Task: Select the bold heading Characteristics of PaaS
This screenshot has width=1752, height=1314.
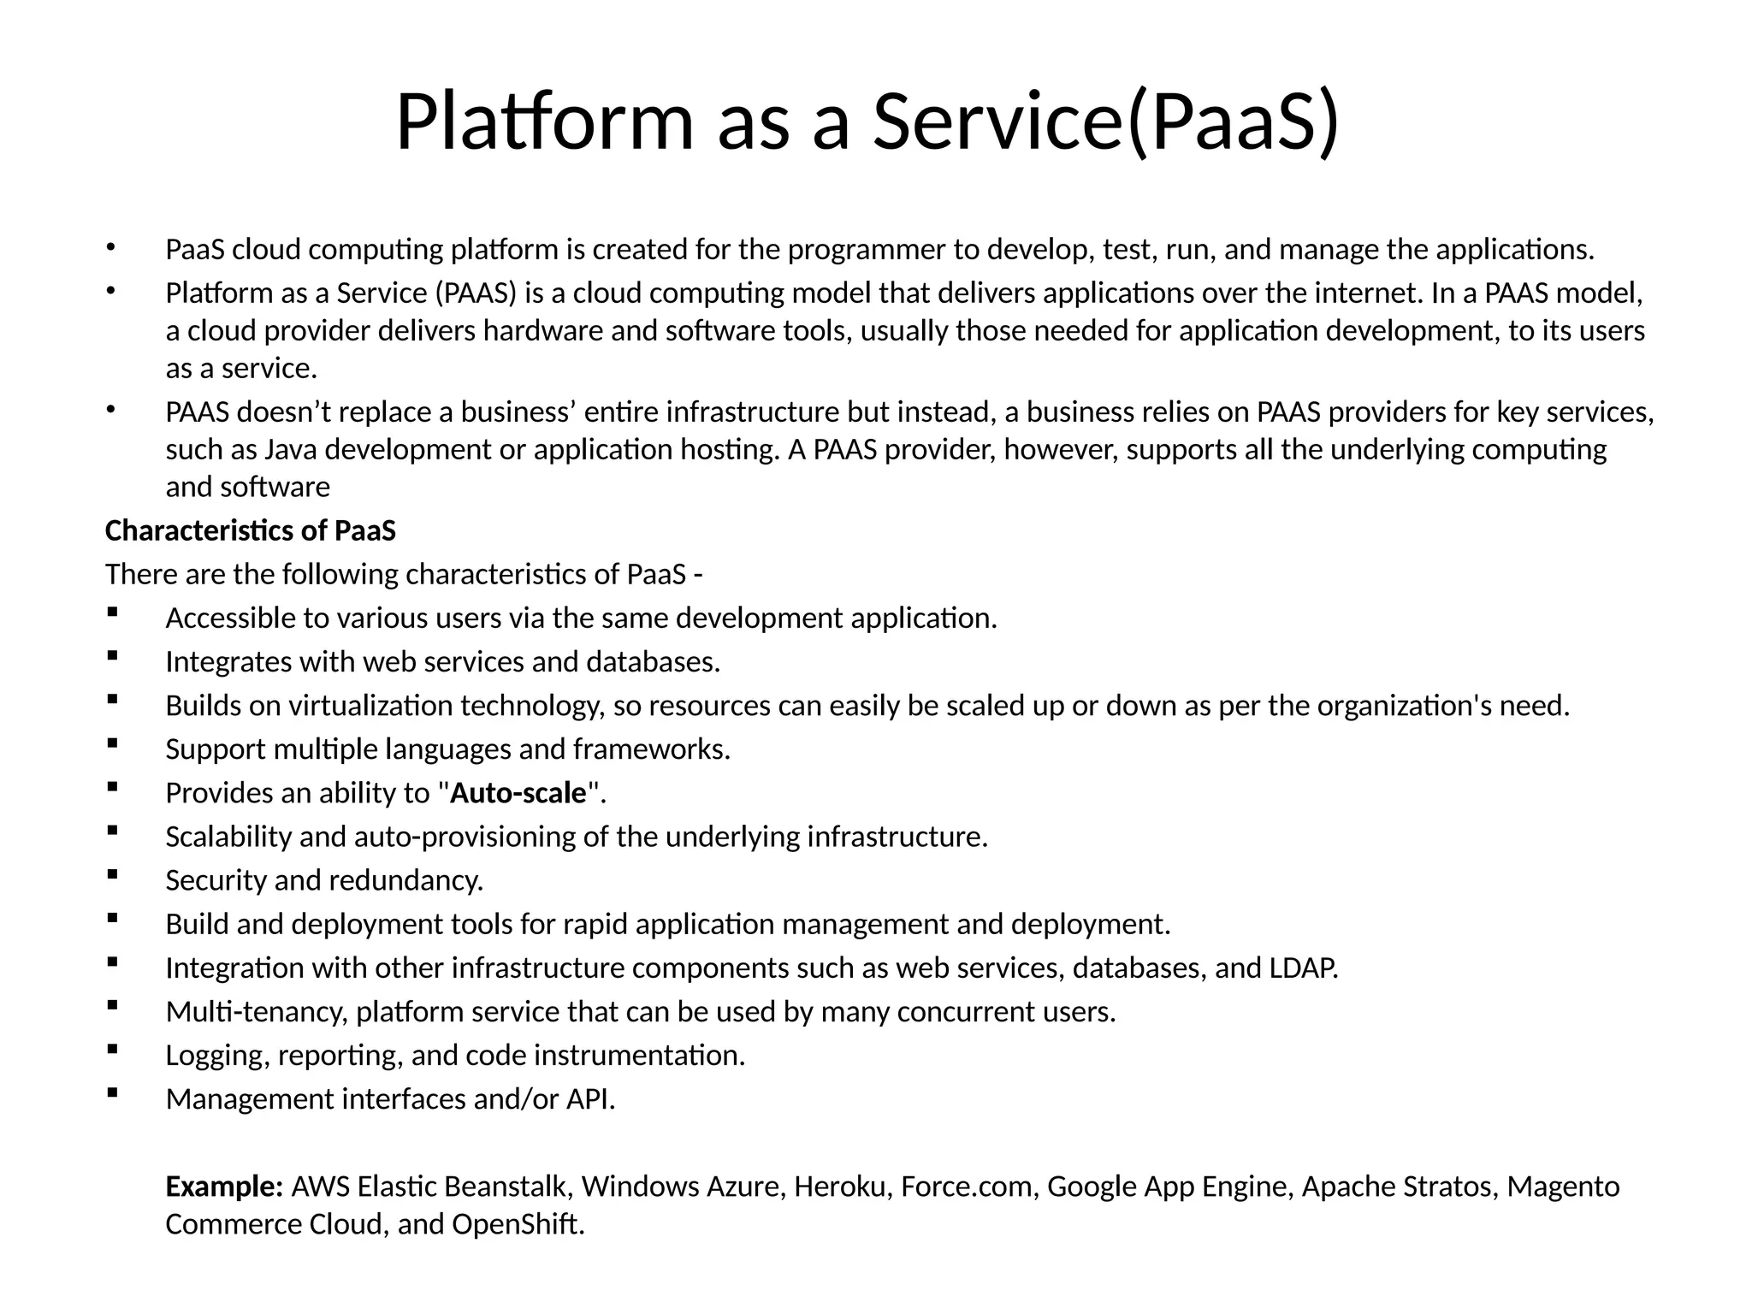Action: tap(250, 531)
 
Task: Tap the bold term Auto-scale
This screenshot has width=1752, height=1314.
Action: tap(518, 793)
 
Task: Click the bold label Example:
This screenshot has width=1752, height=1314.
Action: tap(224, 1187)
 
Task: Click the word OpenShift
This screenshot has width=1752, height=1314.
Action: tap(518, 1224)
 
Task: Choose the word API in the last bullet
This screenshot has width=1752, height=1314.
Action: tap(589, 1099)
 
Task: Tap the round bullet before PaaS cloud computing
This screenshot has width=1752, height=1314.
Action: tap(109, 247)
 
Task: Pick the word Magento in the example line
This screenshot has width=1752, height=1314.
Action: tap(1563, 1187)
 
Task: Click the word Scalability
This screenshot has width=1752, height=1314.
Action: tap(228, 837)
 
